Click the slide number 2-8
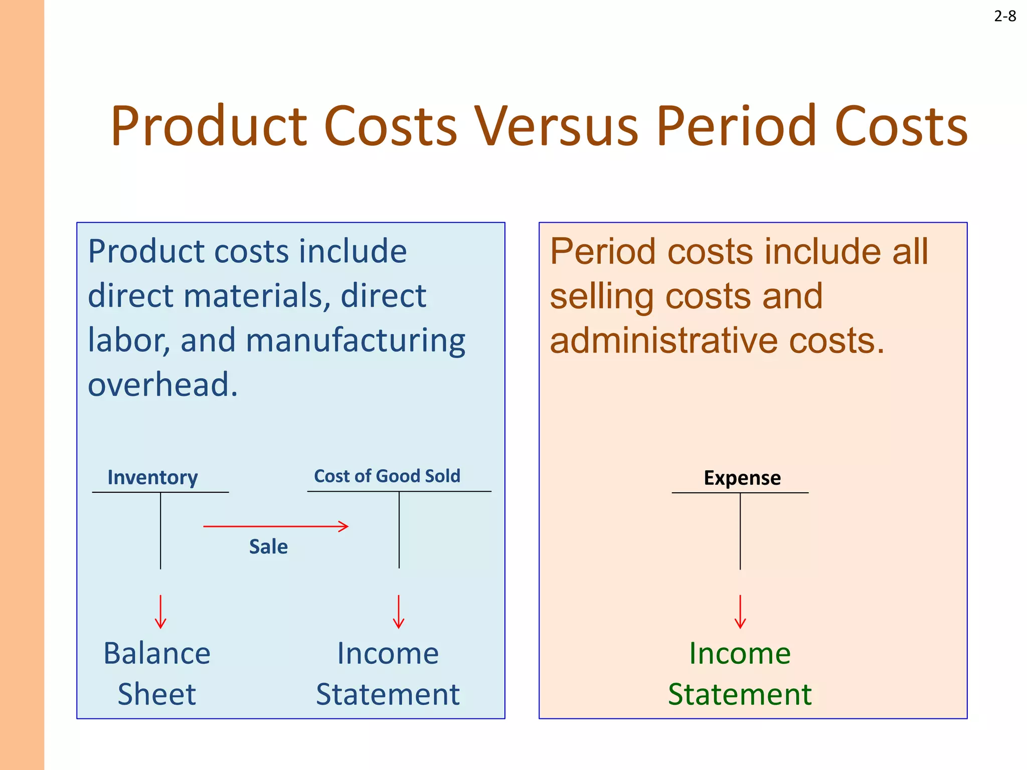point(1004,17)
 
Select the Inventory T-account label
point(152,477)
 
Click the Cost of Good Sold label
point(387,476)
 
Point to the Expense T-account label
point(742,478)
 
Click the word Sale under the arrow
point(268,546)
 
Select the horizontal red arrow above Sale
point(275,526)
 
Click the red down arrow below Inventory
point(160,612)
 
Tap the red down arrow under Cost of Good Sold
point(399,612)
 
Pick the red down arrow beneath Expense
point(740,612)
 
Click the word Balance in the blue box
point(157,654)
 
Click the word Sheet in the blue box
point(156,695)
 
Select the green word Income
point(740,654)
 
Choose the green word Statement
point(740,695)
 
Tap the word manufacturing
point(356,341)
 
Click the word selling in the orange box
point(602,297)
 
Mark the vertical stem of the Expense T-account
point(740,531)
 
